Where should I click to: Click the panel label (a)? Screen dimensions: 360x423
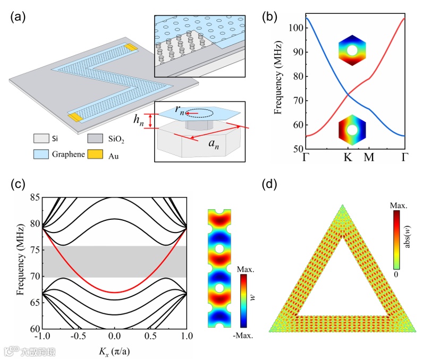coord(17,16)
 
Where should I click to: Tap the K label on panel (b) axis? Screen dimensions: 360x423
coord(349,158)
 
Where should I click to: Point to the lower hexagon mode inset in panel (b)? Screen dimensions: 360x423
coord(351,128)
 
